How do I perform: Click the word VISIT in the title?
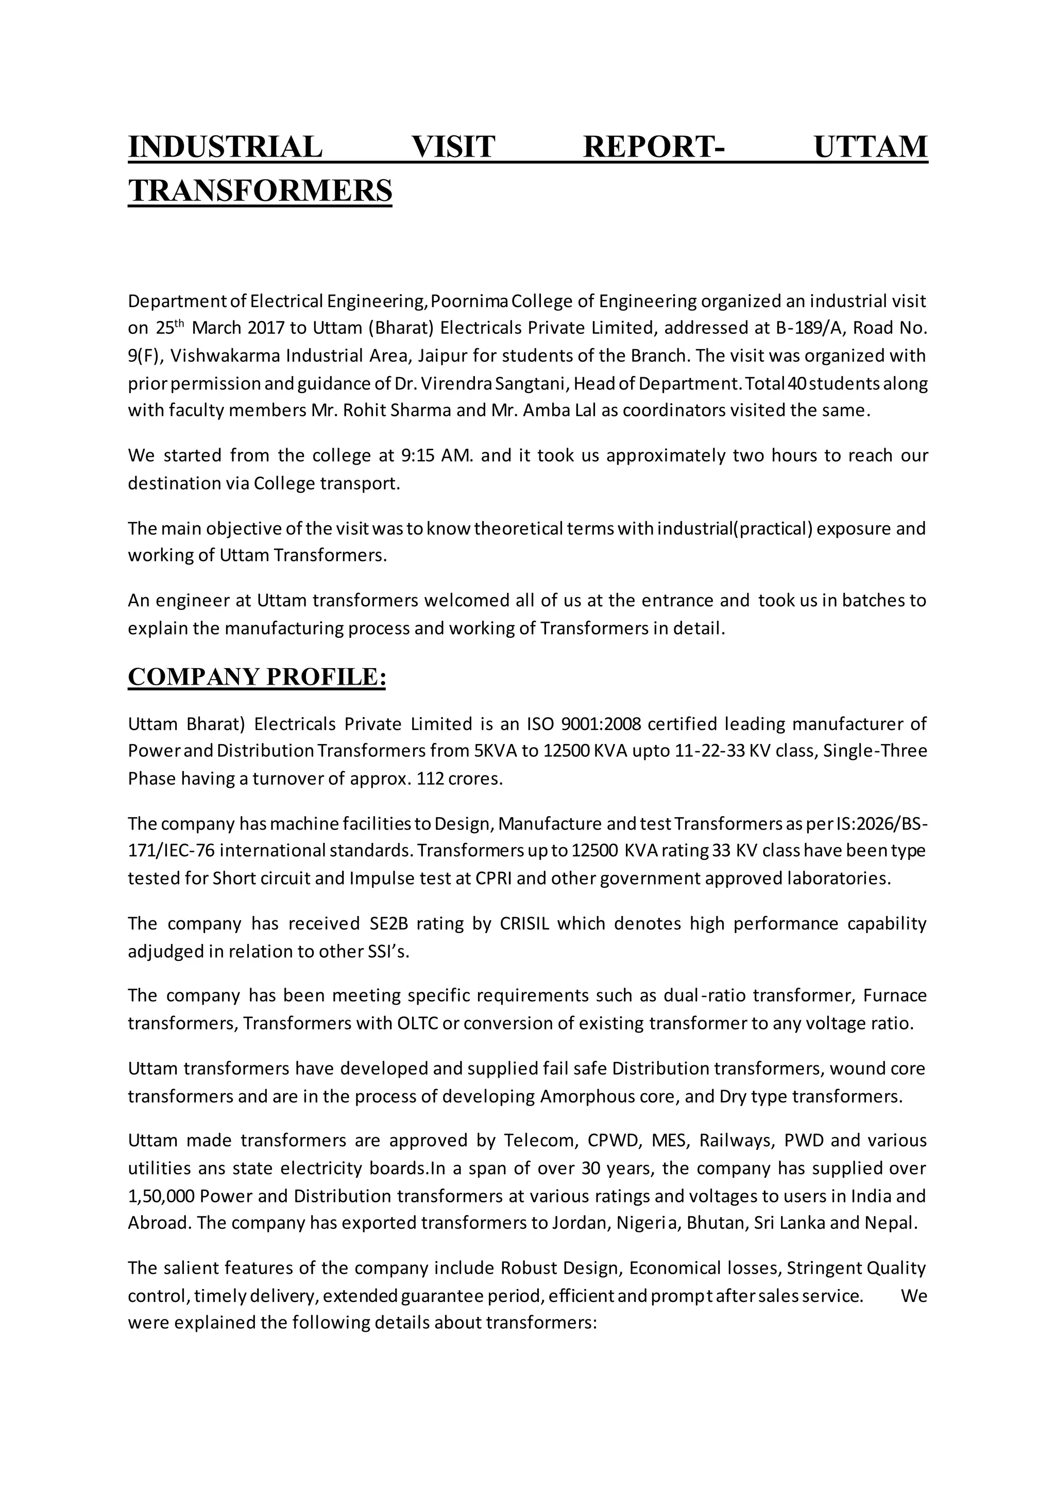(453, 146)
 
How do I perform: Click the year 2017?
(266, 328)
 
